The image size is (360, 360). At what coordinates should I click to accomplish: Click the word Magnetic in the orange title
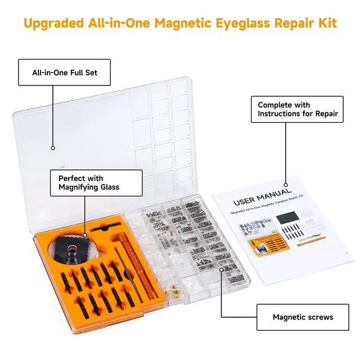[183, 23]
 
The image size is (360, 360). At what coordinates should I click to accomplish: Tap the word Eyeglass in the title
[242, 24]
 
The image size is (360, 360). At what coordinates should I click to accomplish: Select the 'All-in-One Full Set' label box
[64, 73]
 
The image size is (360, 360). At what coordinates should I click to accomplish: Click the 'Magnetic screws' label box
[303, 317]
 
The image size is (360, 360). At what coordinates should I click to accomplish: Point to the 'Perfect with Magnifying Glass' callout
[96, 183]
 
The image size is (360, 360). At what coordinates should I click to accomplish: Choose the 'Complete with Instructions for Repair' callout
[297, 109]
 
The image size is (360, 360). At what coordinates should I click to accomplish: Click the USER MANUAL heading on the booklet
[262, 197]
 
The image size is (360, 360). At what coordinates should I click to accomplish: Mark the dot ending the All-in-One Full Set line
[53, 148]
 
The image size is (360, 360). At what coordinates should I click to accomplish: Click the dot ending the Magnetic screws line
[221, 269]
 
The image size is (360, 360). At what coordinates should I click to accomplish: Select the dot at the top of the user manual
[286, 185]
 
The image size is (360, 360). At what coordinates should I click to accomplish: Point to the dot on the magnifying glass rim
[85, 235]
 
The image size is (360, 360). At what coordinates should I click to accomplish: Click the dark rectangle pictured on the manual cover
[287, 218]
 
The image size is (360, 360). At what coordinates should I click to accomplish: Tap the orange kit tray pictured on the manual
[269, 245]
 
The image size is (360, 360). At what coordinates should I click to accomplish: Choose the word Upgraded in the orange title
[53, 24]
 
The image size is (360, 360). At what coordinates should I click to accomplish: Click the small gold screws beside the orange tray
[173, 291]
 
